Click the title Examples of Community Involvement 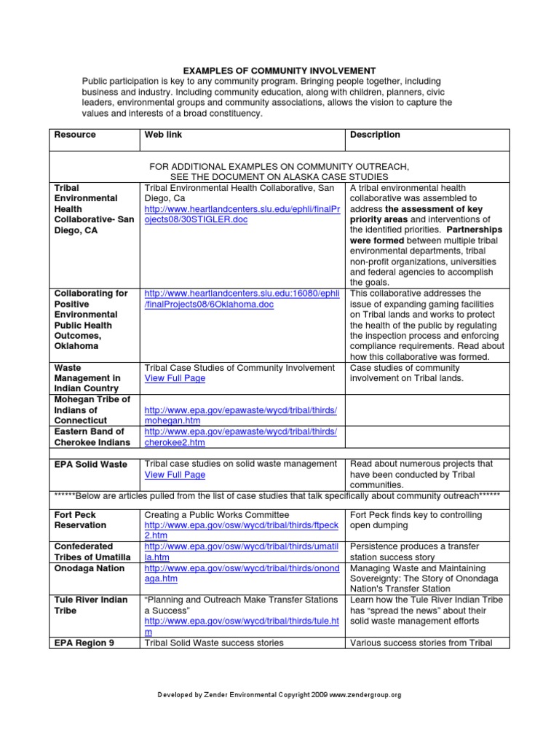click(279, 70)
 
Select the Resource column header click(75, 135)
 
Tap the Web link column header click(164, 135)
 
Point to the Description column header click(375, 135)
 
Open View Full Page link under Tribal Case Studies click(175, 379)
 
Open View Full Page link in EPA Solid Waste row click(175, 475)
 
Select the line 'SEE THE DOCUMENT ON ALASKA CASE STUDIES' click(279, 177)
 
